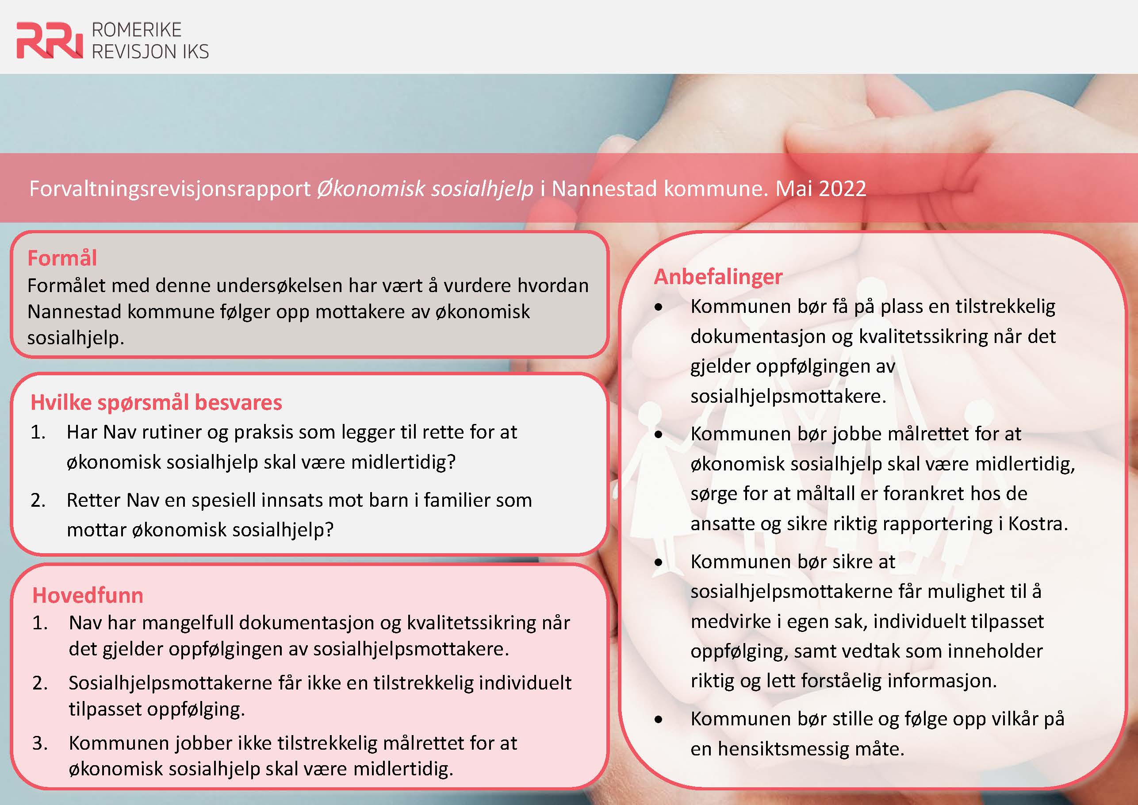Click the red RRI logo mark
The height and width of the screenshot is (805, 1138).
[x=50, y=41]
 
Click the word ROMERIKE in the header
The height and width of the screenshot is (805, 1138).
[x=137, y=30]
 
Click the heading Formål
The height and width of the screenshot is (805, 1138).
[x=62, y=258]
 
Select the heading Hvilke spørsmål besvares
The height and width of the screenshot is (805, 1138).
[x=156, y=402]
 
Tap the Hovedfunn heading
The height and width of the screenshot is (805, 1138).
[x=88, y=595]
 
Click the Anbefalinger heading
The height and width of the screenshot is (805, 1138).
[x=718, y=276]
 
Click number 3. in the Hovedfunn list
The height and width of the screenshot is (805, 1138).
[x=40, y=743]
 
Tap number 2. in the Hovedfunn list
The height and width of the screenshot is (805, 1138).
[x=40, y=683]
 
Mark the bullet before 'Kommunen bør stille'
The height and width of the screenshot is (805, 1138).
[x=658, y=719]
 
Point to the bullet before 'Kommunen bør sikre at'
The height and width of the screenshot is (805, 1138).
[x=658, y=562]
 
